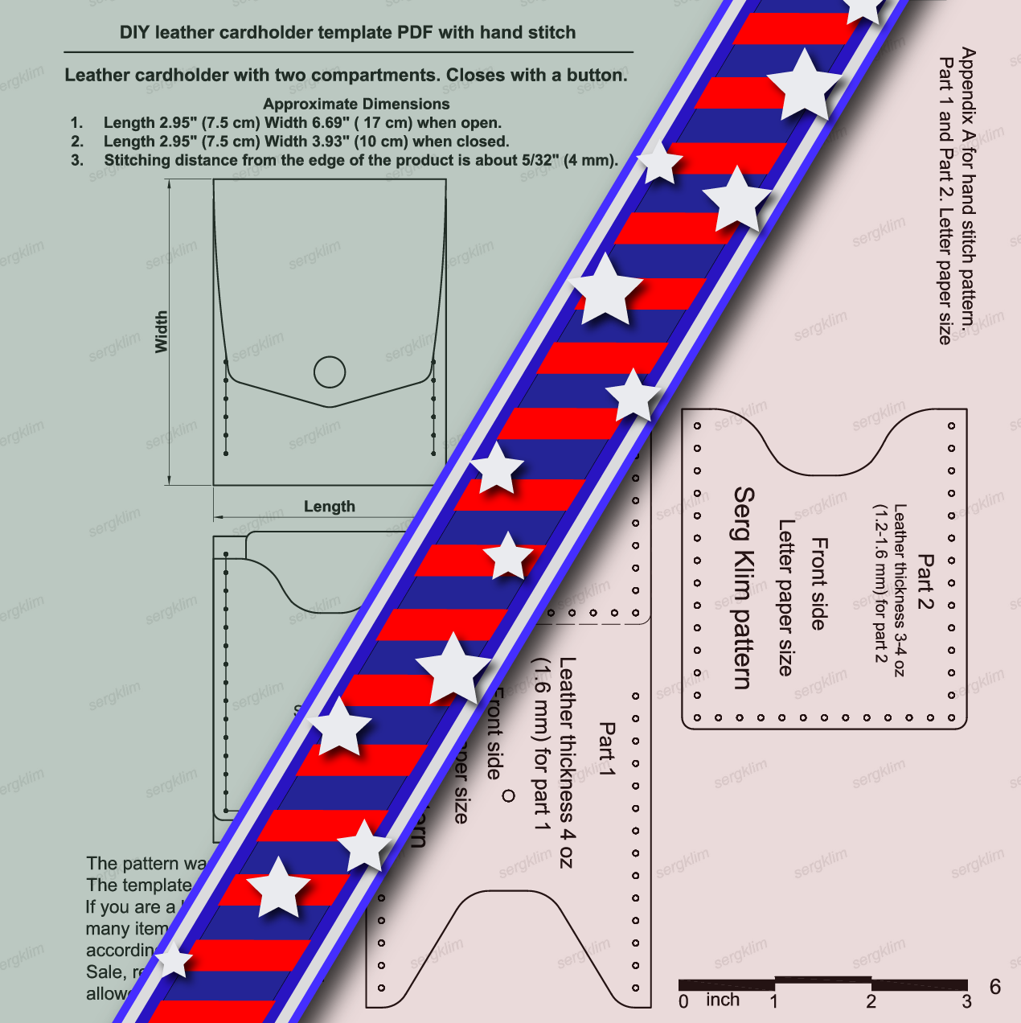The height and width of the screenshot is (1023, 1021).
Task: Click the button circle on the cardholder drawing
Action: (x=330, y=372)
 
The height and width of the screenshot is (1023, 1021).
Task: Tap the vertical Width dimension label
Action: (x=162, y=331)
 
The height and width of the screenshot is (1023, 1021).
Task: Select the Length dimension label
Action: (x=329, y=507)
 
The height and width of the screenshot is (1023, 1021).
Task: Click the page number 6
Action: (x=995, y=988)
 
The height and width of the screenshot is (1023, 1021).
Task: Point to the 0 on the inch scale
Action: (x=683, y=1002)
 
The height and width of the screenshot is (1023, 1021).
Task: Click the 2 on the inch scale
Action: (x=871, y=1002)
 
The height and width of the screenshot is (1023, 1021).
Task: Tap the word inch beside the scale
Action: (x=722, y=1000)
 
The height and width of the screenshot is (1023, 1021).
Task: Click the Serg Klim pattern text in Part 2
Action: (x=744, y=588)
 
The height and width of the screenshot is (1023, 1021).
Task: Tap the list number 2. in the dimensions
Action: (x=77, y=142)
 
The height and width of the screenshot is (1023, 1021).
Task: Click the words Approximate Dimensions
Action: (x=356, y=104)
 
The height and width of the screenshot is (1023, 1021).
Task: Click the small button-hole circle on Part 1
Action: (x=508, y=796)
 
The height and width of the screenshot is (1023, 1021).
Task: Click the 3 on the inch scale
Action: (x=966, y=1002)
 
